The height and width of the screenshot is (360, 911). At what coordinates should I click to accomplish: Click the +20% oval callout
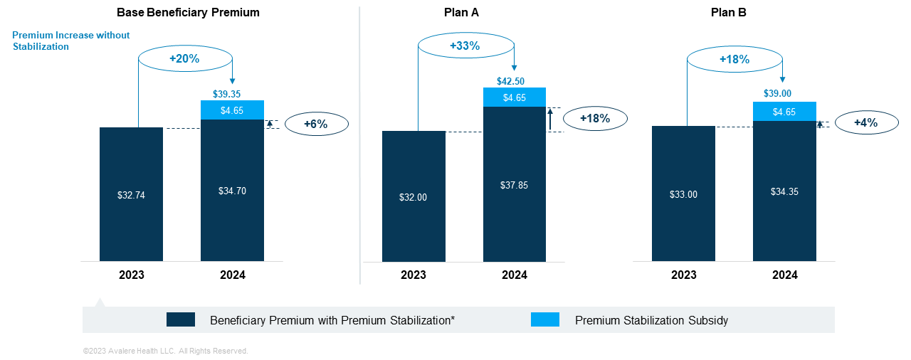click(185, 59)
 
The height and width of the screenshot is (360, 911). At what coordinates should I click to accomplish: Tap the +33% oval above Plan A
click(465, 46)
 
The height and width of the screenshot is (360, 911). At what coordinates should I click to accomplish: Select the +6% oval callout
click(315, 124)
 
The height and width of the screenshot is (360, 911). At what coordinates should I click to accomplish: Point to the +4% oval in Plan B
click(865, 122)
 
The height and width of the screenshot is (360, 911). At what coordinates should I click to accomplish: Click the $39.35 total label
click(232, 93)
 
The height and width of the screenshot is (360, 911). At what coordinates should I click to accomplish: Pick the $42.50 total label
click(515, 81)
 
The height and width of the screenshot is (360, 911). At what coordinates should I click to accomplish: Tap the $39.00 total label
click(784, 93)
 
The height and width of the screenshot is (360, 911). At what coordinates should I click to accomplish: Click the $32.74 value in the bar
click(131, 195)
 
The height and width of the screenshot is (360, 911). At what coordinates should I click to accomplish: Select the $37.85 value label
click(514, 185)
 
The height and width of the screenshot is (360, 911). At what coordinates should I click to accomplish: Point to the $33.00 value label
click(683, 194)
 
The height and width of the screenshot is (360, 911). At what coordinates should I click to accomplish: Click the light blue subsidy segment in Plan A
click(515, 97)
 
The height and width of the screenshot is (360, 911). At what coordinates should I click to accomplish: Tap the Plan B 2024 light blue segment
click(784, 112)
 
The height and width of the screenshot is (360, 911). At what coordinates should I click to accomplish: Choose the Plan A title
click(465, 13)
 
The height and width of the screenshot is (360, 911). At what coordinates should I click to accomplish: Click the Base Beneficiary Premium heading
click(188, 13)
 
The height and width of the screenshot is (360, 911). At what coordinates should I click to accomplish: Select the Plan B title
click(729, 13)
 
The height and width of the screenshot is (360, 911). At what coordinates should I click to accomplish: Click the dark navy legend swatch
click(181, 319)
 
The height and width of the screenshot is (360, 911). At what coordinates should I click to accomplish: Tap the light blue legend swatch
click(545, 319)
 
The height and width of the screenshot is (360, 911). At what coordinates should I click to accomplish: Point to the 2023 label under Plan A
click(413, 275)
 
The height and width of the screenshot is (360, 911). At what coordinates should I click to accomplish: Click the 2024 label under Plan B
click(784, 275)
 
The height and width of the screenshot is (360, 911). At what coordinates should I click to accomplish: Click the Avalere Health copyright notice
click(165, 351)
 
